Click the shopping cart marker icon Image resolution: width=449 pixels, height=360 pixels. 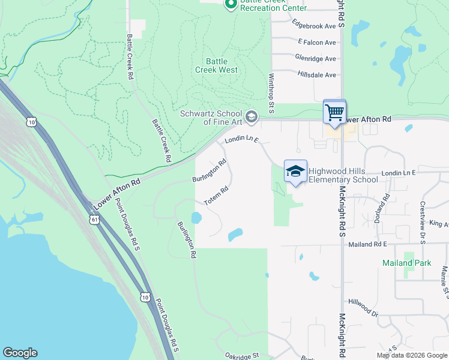334,111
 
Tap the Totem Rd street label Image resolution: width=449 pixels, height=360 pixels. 217,196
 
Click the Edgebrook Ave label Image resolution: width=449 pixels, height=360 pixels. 313,26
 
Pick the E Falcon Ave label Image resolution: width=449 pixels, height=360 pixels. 317,42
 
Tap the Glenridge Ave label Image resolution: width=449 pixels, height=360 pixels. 315,58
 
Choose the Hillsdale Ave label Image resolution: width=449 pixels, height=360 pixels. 316,74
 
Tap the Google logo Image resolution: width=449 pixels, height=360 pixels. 20,353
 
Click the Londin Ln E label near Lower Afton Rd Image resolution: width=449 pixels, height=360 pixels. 241,140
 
